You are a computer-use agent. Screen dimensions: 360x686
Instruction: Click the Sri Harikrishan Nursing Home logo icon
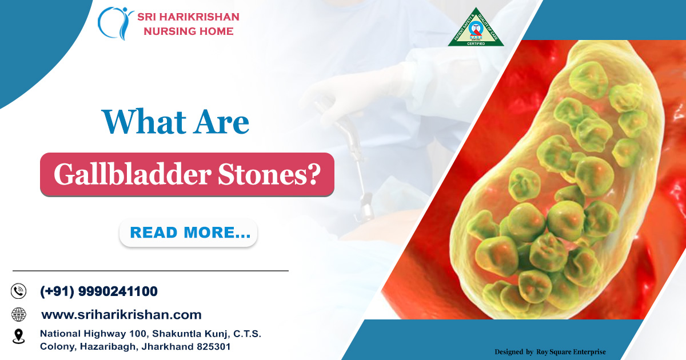(115, 23)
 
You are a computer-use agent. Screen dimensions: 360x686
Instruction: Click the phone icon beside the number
(19, 291)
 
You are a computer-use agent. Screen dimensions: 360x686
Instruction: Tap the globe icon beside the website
(19, 314)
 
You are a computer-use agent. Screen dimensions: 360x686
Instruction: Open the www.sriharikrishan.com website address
(121, 314)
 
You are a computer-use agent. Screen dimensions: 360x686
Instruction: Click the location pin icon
(19, 336)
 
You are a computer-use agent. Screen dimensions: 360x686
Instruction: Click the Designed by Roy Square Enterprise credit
(549, 352)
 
